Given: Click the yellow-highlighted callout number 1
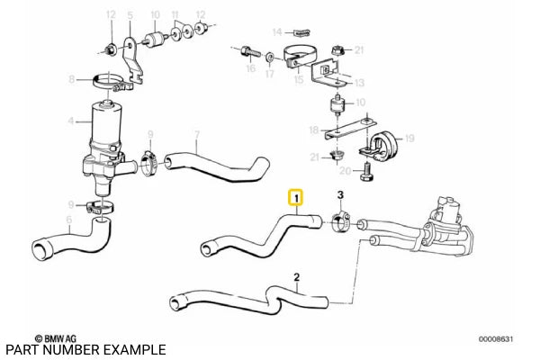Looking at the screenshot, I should coord(296,195).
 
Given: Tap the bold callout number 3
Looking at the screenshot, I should coord(339,194).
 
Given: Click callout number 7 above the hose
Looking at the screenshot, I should coord(195,137).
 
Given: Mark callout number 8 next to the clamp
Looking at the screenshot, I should coord(73,81).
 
